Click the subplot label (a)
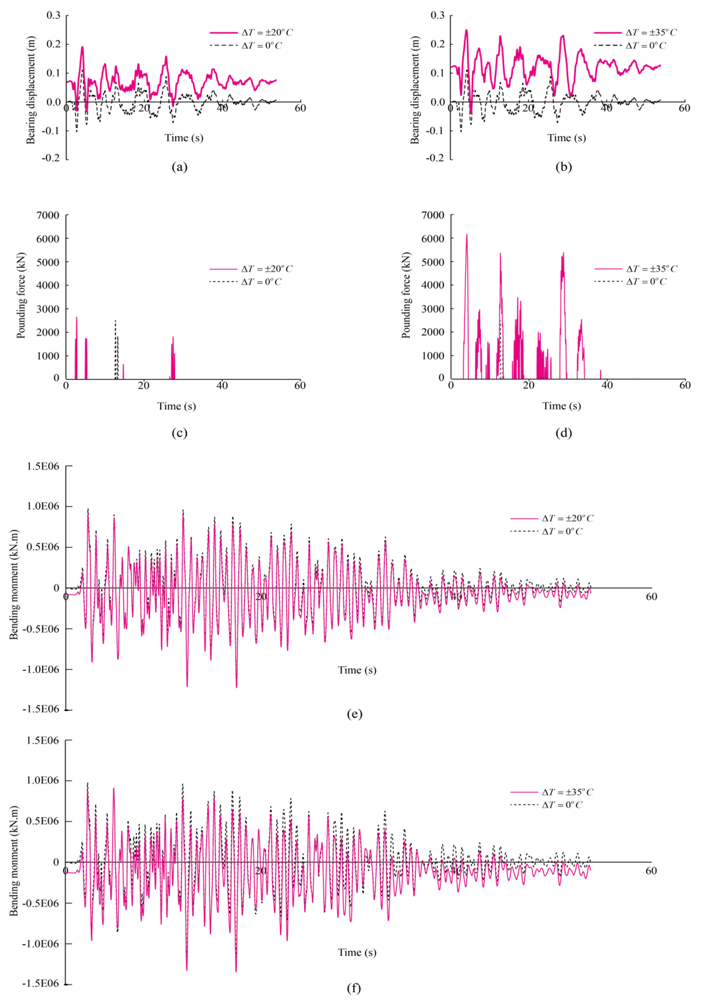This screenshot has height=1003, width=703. (x=180, y=167)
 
